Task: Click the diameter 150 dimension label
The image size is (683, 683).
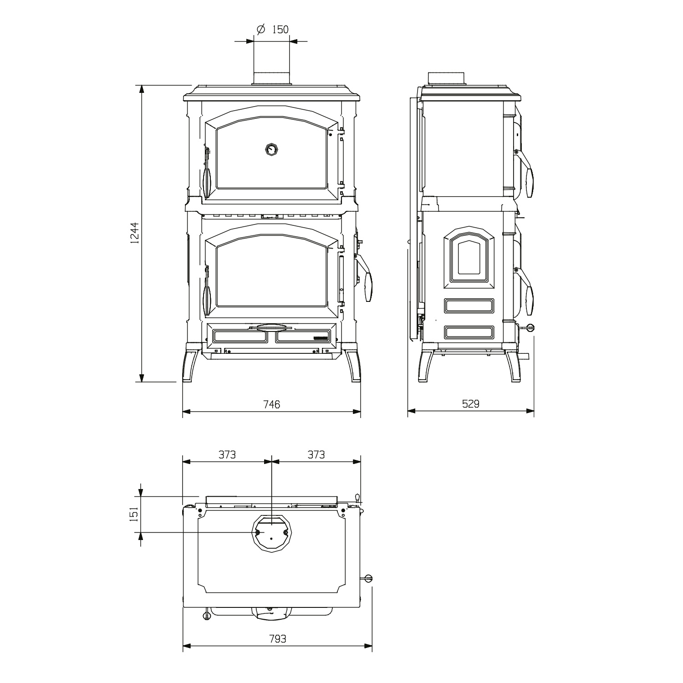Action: [x=273, y=30]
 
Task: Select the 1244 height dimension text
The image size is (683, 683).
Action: [x=135, y=233]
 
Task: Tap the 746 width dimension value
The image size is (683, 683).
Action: [x=271, y=404]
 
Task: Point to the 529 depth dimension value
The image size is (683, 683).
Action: [x=470, y=404]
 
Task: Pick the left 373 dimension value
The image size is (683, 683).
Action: [x=227, y=454]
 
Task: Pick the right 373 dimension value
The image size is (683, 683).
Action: [x=316, y=454]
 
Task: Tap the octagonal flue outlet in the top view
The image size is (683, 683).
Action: [x=271, y=533]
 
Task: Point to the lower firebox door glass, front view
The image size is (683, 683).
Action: [x=272, y=275]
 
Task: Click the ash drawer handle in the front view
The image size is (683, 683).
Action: [x=272, y=326]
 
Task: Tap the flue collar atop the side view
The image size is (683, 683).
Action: [x=446, y=78]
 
